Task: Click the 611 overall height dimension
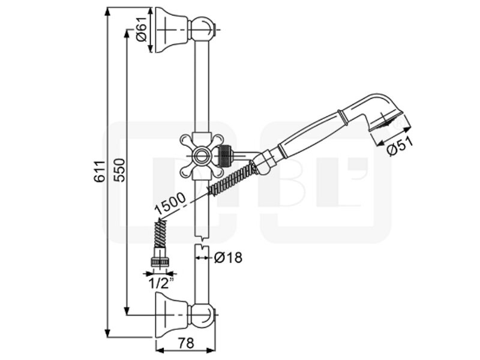(x=99, y=172)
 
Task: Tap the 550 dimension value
(x=119, y=170)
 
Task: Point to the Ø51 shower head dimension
(x=400, y=146)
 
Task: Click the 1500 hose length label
(x=170, y=203)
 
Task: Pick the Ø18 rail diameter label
(x=228, y=257)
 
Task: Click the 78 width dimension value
(x=186, y=343)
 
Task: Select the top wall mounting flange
(x=171, y=29)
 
